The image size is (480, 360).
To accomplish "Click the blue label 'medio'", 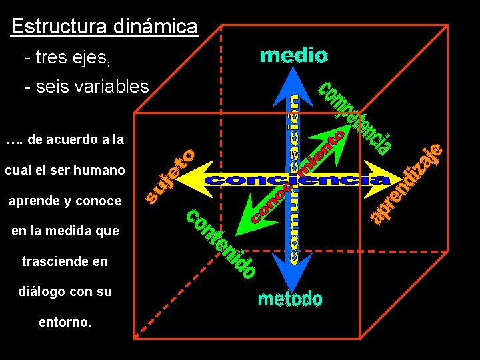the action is (x=293, y=55).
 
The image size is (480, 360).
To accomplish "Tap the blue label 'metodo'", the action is (x=290, y=299).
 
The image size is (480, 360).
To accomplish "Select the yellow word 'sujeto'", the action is (x=171, y=175).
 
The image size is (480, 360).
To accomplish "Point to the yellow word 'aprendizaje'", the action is (x=407, y=183).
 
